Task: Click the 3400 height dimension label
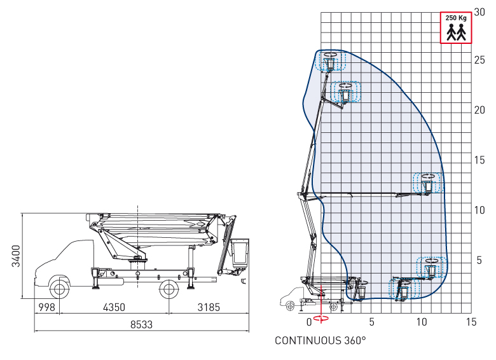pos(16,256)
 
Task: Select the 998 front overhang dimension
pos(46,307)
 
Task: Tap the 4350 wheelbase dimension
pos(114,307)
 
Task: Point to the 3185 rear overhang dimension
pos(209,307)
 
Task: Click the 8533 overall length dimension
pos(141,324)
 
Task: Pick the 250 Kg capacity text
pos(456,18)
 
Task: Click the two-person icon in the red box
pos(456,32)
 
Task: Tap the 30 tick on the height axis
pos(479,12)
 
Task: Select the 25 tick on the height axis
pos(479,60)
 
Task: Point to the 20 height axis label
pos(479,110)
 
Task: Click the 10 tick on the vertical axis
pos(479,210)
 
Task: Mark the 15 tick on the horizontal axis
pos(471,322)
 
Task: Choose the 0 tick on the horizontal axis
pos(310,322)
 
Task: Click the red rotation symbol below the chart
pos(321,318)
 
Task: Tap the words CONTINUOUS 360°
pos(320,341)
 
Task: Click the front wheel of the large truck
pos(60,289)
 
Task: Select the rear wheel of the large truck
pos(169,289)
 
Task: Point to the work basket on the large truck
pos(240,253)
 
